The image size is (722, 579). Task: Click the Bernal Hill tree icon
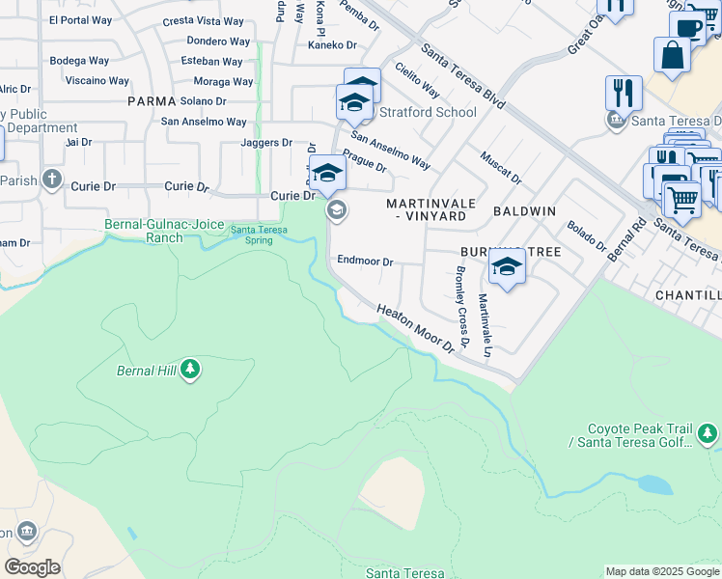point(191,370)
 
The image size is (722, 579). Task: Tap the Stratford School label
point(427,112)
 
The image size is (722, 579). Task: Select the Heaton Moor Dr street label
point(415,328)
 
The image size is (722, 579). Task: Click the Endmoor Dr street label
point(365,262)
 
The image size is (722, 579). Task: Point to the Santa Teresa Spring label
point(258,234)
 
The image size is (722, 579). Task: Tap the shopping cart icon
point(681,200)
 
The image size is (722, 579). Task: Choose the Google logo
point(32,566)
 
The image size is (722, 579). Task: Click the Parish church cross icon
point(52,179)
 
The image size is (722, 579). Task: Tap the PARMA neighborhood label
point(152,101)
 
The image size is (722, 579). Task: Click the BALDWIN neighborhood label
point(524,209)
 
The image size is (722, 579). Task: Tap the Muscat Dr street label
point(500,166)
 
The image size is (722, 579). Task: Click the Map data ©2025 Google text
point(662,571)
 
